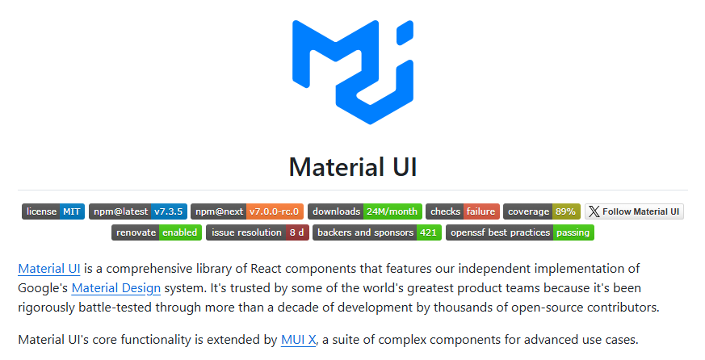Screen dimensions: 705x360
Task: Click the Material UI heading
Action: [x=352, y=166]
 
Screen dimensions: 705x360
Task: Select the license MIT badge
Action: [x=53, y=211]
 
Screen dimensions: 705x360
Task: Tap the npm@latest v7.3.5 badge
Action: [x=138, y=211]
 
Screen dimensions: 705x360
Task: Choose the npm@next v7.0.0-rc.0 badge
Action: [x=248, y=211]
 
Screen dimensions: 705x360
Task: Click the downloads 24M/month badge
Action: [x=365, y=211]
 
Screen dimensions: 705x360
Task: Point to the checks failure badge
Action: [x=463, y=211]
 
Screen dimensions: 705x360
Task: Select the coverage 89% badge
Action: [x=542, y=211]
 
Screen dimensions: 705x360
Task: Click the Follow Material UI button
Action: [x=635, y=211]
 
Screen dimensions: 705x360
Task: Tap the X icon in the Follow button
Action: [x=594, y=211]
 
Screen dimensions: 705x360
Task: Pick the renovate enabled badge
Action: [x=157, y=232]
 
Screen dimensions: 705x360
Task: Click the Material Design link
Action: [x=115, y=287]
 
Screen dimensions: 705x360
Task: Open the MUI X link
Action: [x=298, y=340]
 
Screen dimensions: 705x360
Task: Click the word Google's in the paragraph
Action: [x=42, y=287]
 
